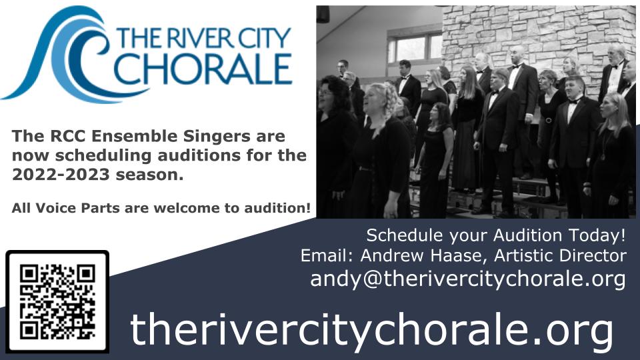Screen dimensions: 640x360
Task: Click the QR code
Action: click(57, 301)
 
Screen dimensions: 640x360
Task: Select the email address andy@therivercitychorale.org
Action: click(468, 279)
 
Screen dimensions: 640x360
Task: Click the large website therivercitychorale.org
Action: click(371, 331)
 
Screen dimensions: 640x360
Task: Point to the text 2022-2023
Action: click(61, 175)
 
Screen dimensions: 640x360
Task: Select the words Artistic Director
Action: click(561, 255)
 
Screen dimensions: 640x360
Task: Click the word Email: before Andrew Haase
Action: click(328, 255)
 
